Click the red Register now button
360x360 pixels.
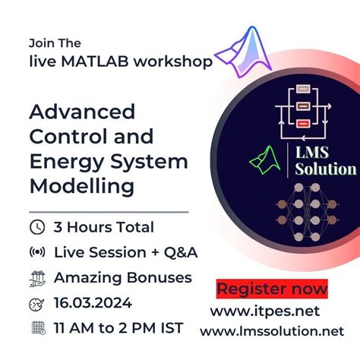[272, 289]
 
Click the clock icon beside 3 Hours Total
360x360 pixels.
[36, 227]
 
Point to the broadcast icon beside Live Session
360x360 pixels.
[36, 252]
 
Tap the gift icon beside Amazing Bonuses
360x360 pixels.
[36, 278]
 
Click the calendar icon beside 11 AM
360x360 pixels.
[36, 328]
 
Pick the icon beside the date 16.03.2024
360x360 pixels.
[36, 303]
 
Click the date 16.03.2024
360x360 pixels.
[92, 303]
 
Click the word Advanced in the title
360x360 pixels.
[82, 112]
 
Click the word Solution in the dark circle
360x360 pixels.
[324, 169]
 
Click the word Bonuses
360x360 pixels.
[155, 278]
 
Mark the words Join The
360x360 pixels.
[55, 43]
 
